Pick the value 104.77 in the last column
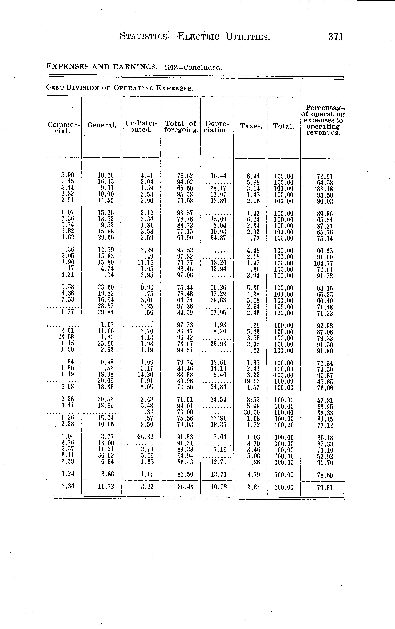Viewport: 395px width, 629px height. pos(323,263)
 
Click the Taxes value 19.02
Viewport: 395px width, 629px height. pos(250,381)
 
